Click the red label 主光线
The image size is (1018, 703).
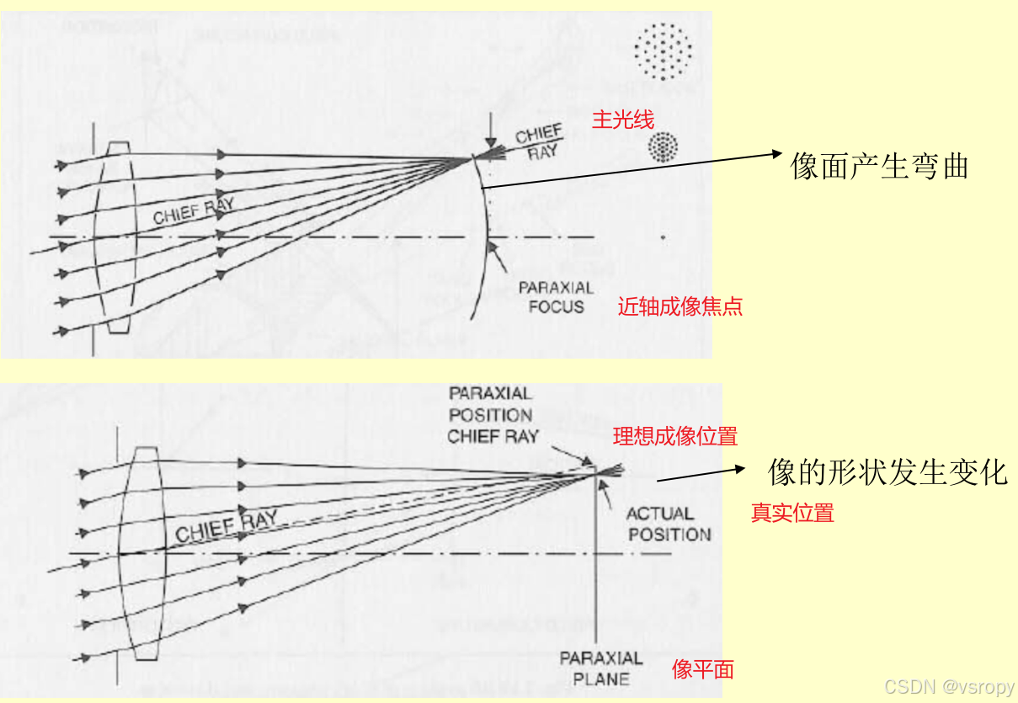tap(623, 120)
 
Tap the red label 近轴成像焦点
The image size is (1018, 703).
tap(680, 306)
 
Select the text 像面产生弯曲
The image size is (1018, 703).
tap(879, 167)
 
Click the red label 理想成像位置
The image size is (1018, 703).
tap(675, 436)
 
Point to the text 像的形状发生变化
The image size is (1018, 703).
tap(887, 472)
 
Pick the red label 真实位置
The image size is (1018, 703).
tap(792, 513)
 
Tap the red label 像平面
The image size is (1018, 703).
tap(703, 669)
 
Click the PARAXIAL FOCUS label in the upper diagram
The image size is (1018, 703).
tap(556, 297)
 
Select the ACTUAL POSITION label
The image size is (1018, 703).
tap(669, 524)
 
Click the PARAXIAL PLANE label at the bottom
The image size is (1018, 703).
tap(601, 668)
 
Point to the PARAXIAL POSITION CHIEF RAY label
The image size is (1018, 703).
tap(492, 415)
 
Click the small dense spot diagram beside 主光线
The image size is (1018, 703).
tap(663, 147)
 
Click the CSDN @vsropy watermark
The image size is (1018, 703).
tap(949, 687)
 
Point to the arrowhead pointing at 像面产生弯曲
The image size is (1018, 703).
tap(775, 154)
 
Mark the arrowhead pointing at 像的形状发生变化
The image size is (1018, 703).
tap(740, 471)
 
